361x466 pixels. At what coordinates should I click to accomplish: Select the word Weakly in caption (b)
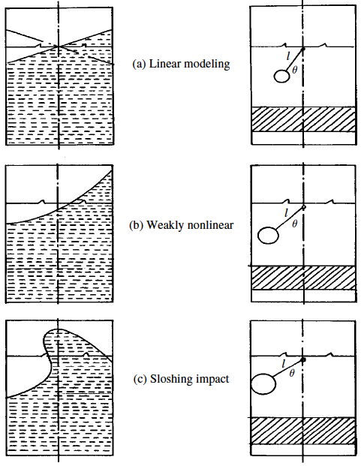tap(165, 225)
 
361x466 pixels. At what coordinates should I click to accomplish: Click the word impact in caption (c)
tap(212, 380)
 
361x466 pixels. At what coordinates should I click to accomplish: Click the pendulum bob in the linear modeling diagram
tap(281, 76)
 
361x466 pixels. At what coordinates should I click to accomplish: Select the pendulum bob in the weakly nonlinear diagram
tap(268, 236)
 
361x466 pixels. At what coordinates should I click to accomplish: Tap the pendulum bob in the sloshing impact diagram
tap(263, 384)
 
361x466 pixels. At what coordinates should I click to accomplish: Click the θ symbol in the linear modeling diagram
tap(294, 70)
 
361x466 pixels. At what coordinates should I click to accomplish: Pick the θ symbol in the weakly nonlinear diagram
tap(294, 224)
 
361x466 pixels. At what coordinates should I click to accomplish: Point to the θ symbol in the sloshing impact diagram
tap(292, 373)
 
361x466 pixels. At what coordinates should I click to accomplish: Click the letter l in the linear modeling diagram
tap(287, 56)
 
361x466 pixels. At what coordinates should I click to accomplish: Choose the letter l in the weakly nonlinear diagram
tap(286, 212)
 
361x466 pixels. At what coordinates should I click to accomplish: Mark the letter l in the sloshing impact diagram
tap(284, 363)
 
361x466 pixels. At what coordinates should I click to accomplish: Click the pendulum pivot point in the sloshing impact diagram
tap(303, 360)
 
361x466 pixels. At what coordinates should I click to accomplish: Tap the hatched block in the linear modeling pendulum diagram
tap(304, 119)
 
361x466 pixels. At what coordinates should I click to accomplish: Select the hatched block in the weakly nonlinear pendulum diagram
tap(304, 278)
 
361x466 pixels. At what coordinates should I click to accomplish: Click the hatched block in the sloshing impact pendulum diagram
tap(304, 431)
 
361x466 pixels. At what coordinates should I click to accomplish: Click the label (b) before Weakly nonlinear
tap(137, 225)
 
